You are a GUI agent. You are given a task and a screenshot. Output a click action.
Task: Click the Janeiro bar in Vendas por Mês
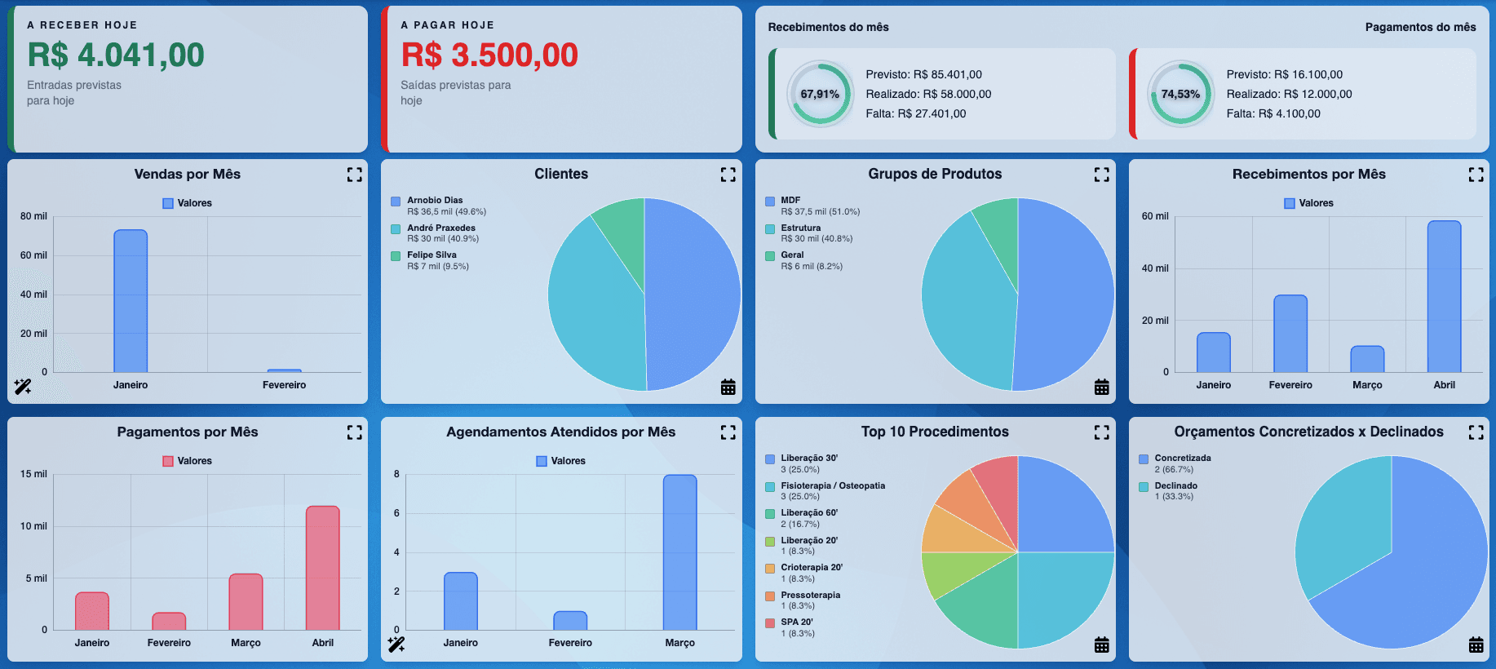131,301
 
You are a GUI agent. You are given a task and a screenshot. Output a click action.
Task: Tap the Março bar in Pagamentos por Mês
246,602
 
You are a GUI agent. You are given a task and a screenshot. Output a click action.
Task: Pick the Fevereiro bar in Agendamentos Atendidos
570,621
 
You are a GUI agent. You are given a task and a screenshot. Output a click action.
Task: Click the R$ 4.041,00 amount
116,55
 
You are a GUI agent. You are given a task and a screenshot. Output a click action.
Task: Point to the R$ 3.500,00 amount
489,55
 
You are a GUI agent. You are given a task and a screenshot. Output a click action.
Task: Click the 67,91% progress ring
820,94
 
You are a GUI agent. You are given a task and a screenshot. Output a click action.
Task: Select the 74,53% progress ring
1180,94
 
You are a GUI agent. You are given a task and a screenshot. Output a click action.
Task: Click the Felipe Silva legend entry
432,255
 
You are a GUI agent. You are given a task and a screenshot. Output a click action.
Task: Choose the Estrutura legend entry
800,228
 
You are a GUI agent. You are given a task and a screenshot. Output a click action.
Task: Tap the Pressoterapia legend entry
810,595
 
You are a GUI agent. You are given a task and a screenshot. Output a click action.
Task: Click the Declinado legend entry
1175,485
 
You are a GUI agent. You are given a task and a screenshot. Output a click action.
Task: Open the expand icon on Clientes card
728,175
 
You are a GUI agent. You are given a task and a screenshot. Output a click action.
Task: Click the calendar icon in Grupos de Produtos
1101,388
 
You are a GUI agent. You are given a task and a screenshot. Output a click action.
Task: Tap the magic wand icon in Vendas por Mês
23,387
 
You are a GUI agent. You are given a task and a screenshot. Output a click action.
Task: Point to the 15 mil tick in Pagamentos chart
33,474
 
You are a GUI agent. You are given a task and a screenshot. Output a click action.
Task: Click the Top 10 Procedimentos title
935,432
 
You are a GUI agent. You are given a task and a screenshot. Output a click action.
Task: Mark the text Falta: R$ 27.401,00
915,113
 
